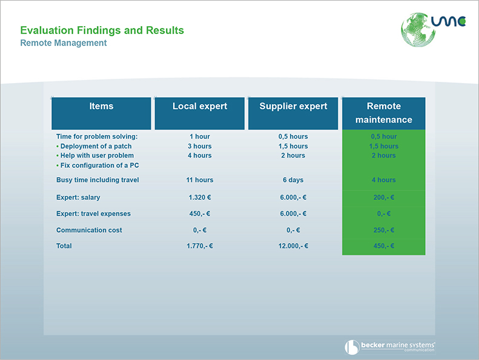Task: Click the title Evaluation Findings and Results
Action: pos(102,30)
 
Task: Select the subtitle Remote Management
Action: pos(63,43)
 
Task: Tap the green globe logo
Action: pos(418,30)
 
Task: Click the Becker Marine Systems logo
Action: pos(390,347)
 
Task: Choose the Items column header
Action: pos(101,113)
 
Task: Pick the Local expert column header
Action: pos(199,113)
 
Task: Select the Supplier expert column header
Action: pos(293,113)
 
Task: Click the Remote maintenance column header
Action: pos(384,113)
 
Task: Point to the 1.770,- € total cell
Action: pos(200,246)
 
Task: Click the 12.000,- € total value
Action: pos(293,246)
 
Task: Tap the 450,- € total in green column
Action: pos(384,246)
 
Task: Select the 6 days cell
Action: pos(293,180)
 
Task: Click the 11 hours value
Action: pos(200,180)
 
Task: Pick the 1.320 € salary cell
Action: pos(200,198)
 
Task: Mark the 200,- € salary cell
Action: pos(384,198)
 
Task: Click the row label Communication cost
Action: pos(89,230)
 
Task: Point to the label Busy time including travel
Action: pos(97,180)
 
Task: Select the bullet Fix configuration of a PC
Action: pos(97,165)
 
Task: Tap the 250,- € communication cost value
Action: pos(384,230)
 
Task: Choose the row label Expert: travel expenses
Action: pos(93,214)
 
